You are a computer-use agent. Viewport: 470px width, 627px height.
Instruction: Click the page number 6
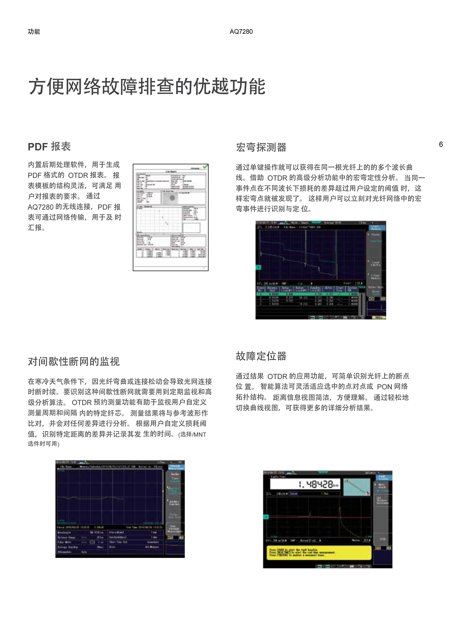(x=441, y=144)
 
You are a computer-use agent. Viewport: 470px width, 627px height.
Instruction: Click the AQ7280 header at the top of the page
(x=241, y=31)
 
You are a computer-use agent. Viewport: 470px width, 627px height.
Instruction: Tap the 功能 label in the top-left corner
(x=34, y=31)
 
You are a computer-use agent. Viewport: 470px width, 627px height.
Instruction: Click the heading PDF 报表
(x=49, y=146)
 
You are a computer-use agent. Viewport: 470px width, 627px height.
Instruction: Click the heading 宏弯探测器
(x=261, y=147)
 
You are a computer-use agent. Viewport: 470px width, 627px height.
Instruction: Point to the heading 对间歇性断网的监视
(x=74, y=361)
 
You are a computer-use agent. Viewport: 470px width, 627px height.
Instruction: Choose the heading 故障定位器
(x=261, y=356)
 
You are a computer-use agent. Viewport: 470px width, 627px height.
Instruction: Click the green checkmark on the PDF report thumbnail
(x=205, y=166)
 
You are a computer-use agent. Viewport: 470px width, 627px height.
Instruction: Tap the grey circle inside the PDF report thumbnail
(x=172, y=198)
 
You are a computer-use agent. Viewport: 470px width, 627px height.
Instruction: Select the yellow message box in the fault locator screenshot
(x=319, y=553)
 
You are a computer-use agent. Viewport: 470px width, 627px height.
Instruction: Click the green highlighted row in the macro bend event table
(x=307, y=294)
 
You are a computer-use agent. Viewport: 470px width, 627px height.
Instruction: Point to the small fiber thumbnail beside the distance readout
(x=357, y=487)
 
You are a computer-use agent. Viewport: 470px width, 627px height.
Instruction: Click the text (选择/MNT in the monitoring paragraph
(x=192, y=435)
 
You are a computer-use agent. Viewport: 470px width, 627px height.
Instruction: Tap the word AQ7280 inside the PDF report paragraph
(x=40, y=207)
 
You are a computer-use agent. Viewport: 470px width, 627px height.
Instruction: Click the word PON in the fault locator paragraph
(x=384, y=387)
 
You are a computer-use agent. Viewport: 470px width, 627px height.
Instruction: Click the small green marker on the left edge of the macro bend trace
(x=258, y=267)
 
